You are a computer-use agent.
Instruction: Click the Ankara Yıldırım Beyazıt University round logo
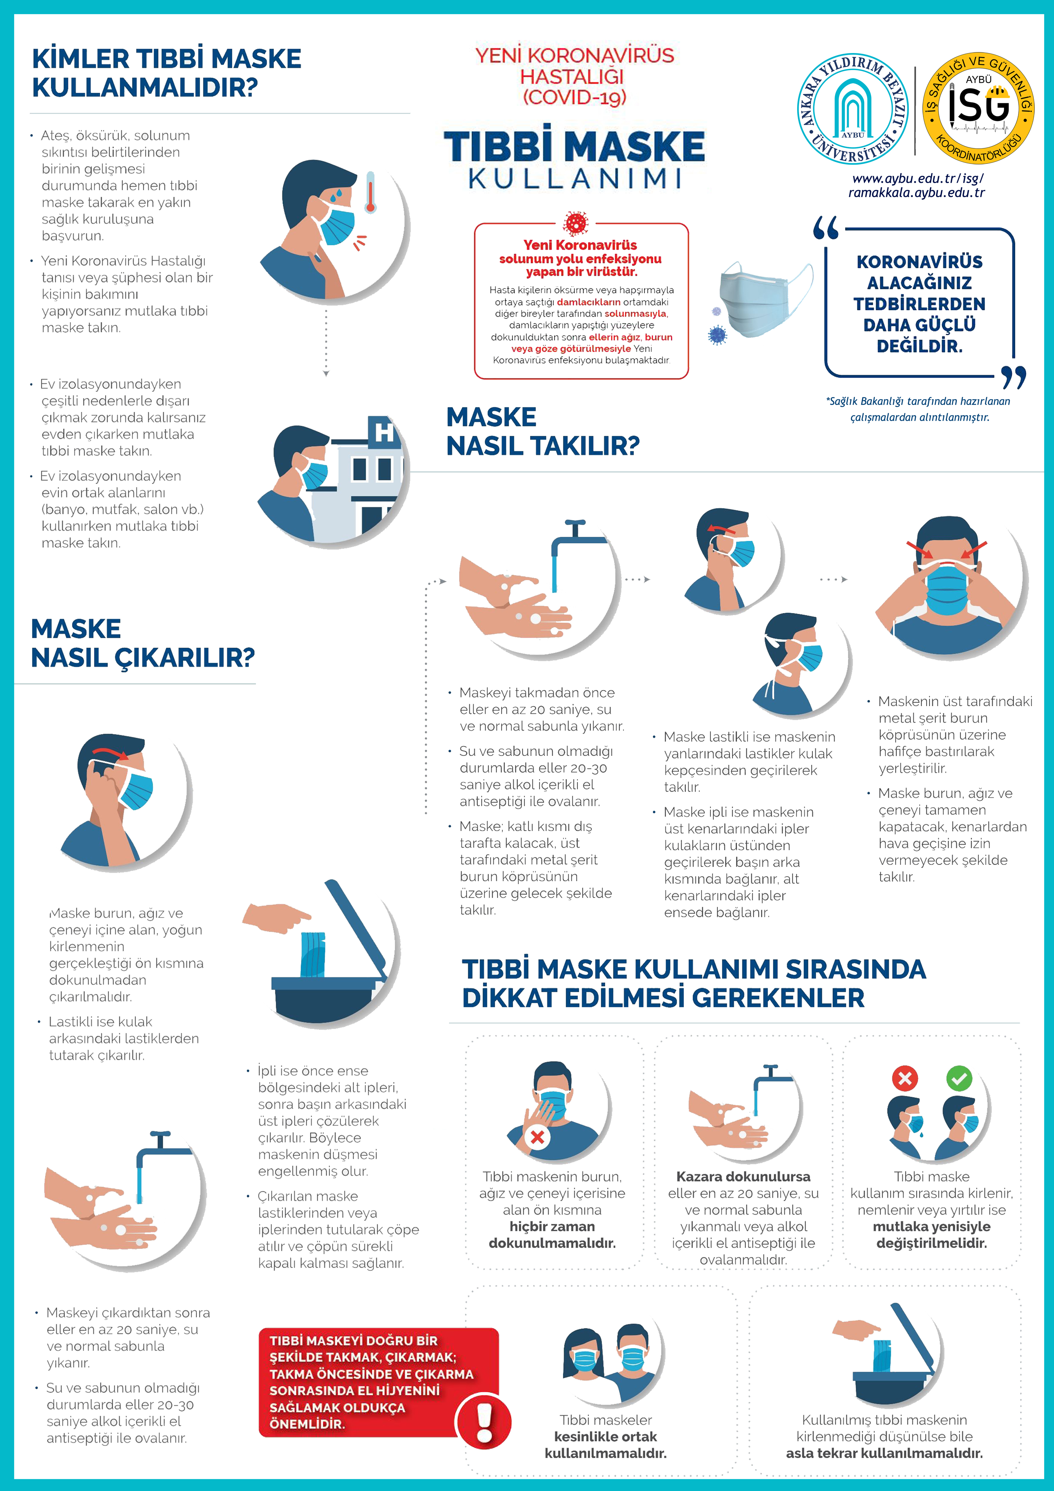(853, 109)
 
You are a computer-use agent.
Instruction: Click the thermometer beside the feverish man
(370, 192)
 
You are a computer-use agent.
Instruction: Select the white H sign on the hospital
(384, 432)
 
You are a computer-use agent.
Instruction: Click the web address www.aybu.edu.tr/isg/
(918, 178)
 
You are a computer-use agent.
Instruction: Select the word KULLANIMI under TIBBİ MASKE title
(575, 178)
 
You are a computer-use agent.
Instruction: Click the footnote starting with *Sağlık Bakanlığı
(918, 409)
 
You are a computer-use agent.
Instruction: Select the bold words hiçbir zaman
(552, 1226)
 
